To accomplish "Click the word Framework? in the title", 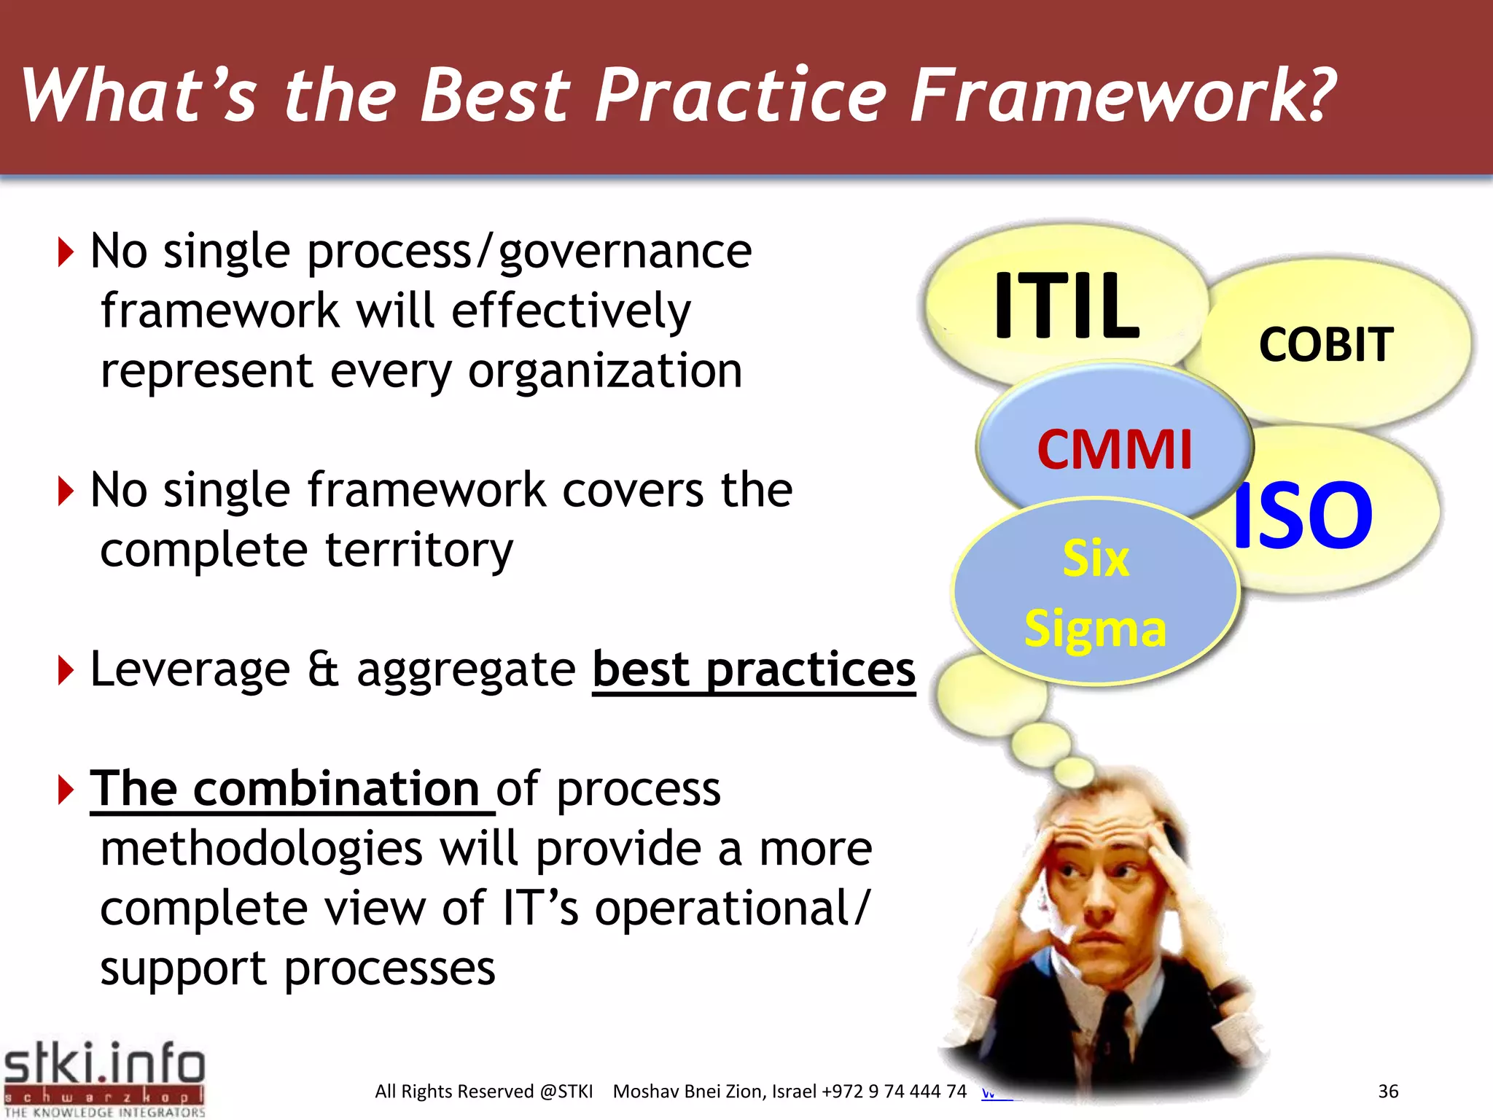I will point(1123,95).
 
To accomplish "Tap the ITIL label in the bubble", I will point(1066,305).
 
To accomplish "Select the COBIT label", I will point(1325,344).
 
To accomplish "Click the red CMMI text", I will point(1114,449).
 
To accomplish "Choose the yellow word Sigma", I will point(1095,629).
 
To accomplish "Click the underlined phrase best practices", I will point(753,669).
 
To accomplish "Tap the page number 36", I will point(1388,1091).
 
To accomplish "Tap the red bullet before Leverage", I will point(66,670).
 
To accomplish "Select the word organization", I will point(604,371).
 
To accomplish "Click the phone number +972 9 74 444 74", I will point(894,1091).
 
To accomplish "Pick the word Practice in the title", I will point(741,95).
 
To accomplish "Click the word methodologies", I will point(261,849).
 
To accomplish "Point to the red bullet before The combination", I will point(66,790).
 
